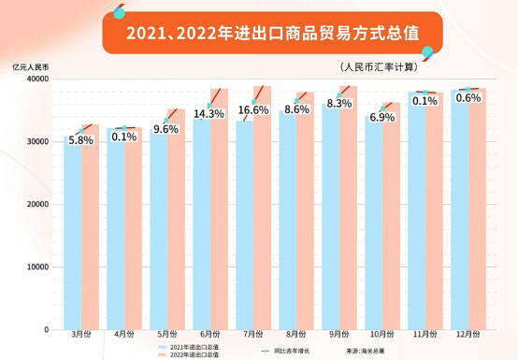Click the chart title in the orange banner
[x=260, y=33]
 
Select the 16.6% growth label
[x=252, y=110]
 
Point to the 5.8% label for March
[x=80, y=139]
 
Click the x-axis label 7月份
[x=252, y=334]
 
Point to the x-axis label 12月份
[x=467, y=334]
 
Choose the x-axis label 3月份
[x=80, y=334]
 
